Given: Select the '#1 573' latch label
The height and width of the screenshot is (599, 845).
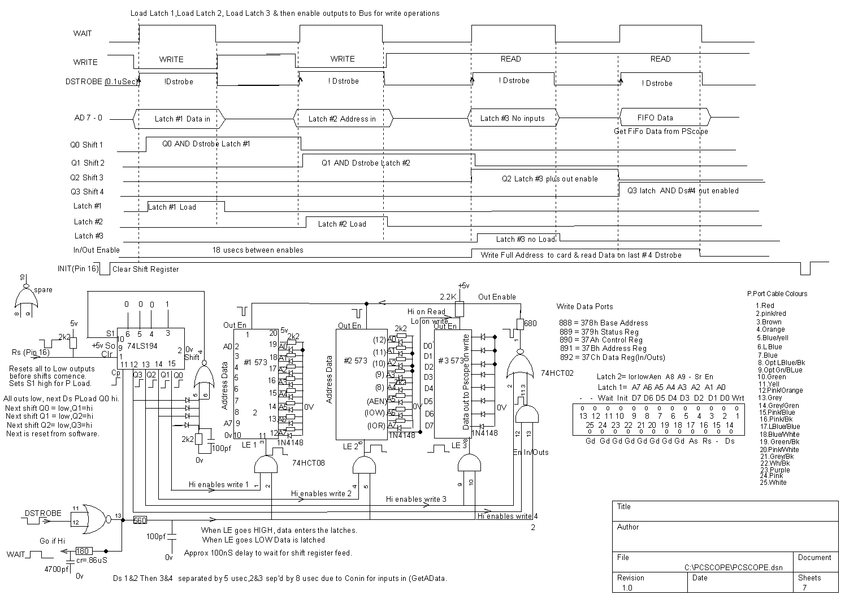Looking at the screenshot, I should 255,362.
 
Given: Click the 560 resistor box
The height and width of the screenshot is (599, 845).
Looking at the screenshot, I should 140,520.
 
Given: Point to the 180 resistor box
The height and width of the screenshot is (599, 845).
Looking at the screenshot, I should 83,551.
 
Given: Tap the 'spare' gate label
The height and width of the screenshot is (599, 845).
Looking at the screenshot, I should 43,290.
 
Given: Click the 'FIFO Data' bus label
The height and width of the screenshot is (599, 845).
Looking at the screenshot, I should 655,118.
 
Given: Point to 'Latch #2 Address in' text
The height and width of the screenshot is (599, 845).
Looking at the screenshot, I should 342,119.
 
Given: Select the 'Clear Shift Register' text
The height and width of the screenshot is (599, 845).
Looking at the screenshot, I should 145,269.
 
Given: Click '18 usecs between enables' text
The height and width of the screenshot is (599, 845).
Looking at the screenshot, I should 258,250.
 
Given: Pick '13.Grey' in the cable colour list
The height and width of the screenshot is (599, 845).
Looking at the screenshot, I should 770,398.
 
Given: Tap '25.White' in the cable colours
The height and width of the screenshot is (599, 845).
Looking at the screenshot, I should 773,483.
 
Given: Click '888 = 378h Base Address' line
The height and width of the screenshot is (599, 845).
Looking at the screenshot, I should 603,323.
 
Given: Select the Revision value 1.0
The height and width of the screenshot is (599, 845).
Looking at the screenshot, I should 627,588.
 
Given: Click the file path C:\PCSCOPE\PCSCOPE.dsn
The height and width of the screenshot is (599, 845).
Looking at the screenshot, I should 733,567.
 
